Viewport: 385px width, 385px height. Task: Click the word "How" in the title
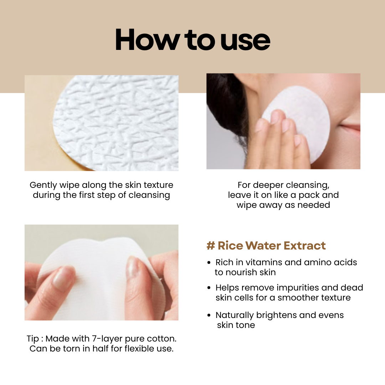[147, 40]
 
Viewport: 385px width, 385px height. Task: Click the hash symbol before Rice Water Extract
[211, 246]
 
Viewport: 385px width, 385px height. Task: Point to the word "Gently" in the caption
[43, 185]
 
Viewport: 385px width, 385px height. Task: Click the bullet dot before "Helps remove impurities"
[209, 288]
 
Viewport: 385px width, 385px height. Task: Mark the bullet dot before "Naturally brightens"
[209, 315]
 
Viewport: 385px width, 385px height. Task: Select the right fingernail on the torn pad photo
[133, 266]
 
